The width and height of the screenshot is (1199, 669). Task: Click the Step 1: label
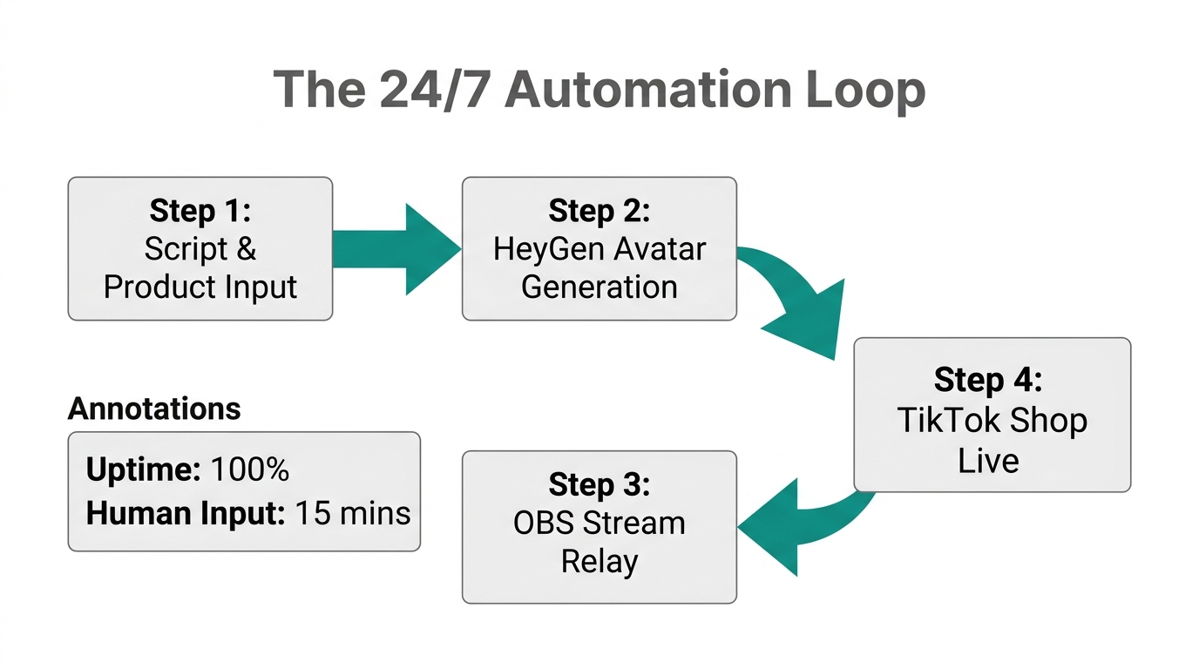click(200, 211)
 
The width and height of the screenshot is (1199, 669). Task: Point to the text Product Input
click(200, 287)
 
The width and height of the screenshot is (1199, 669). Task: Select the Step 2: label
click(599, 211)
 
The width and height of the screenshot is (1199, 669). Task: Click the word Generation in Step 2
click(599, 287)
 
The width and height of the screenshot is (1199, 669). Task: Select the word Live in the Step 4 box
click(988, 460)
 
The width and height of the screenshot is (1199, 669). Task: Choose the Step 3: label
click(599, 484)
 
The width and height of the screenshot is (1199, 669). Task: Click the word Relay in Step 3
click(599, 561)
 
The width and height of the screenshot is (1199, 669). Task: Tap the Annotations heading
click(154, 409)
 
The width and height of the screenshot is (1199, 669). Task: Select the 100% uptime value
click(250, 470)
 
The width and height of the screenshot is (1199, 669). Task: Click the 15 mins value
click(352, 513)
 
